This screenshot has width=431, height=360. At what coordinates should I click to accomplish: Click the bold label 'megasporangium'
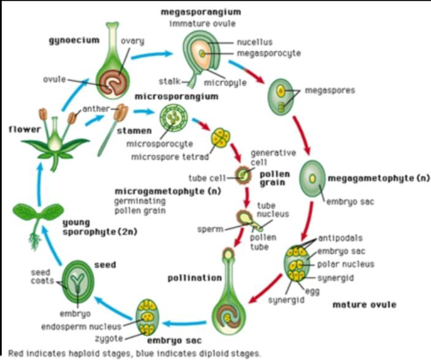tap(201, 12)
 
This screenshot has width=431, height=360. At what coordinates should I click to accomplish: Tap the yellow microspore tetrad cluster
tap(219, 137)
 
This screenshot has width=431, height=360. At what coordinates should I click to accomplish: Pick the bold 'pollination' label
tap(195, 277)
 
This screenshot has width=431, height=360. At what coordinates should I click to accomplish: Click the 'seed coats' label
tap(42, 277)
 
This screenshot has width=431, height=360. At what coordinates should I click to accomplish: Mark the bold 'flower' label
tap(20, 129)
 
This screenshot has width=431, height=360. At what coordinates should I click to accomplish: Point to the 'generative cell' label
tap(273, 157)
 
